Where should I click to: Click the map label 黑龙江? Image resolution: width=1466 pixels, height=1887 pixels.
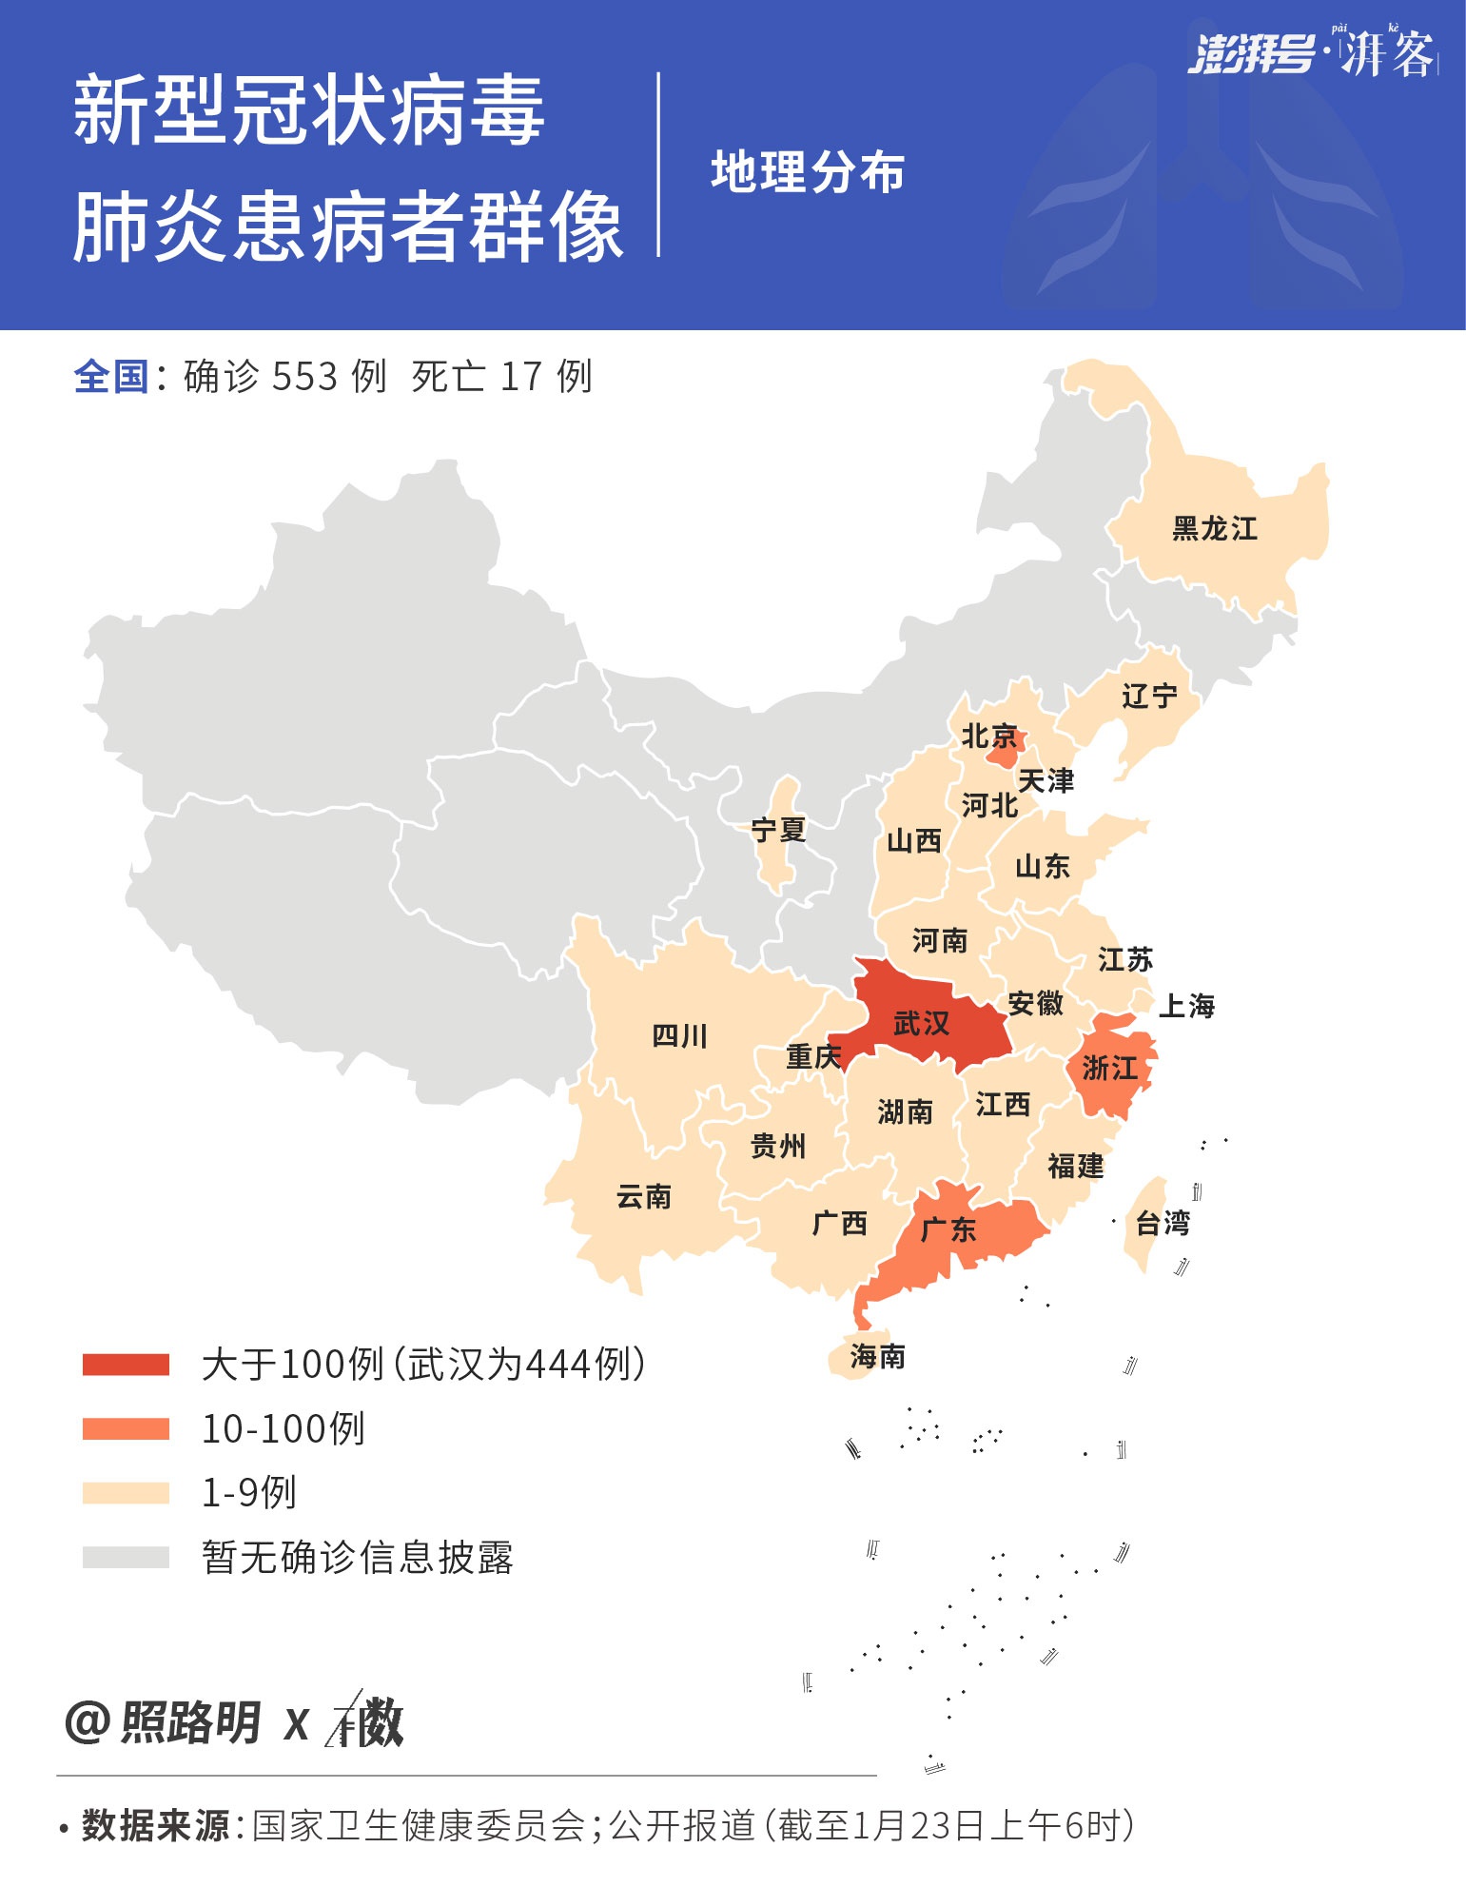pyautogui.click(x=1215, y=528)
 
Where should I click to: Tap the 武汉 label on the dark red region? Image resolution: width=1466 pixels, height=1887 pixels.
pyautogui.click(x=921, y=1023)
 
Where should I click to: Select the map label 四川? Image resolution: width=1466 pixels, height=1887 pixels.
pyautogui.click(x=679, y=1035)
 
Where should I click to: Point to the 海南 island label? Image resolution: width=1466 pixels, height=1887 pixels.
pyautogui.click(x=877, y=1356)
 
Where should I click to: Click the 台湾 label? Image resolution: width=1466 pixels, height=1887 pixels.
pyautogui.click(x=1163, y=1223)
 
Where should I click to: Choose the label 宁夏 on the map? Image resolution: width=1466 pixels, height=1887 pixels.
pyautogui.click(x=778, y=830)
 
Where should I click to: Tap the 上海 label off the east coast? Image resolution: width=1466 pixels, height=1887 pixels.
pyautogui.click(x=1186, y=1006)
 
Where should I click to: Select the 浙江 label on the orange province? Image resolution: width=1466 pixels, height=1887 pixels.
pyautogui.click(x=1109, y=1068)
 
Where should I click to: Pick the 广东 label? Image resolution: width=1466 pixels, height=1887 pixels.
pyautogui.click(x=948, y=1229)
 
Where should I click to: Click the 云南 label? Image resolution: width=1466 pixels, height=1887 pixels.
pyautogui.click(x=643, y=1196)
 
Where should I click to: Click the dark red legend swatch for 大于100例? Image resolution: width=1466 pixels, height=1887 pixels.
pyautogui.click(x=126, y=1365)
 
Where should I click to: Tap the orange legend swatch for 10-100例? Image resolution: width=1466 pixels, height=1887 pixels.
pyautogui.click(x=126, y=1428)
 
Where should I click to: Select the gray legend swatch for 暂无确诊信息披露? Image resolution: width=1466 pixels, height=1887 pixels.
pyautogui.click(x=126, y=1557)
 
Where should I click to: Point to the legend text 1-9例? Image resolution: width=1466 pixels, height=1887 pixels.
pyautogui.click(x=248, y=1492)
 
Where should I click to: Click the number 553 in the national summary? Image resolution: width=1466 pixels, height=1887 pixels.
pyautogui.click(x=305, y=377)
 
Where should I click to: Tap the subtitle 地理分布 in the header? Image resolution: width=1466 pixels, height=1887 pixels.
pyautogui.click(x=807, y=172)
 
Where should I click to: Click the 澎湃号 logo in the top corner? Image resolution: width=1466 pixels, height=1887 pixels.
pyautogui.click(x=1250, y=54)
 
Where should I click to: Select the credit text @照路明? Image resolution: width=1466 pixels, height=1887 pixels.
pyautogui.click(x=163, y=1722)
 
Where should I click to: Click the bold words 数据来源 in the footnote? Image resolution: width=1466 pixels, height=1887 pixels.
pyautogui.click(x=155, y=1825)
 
